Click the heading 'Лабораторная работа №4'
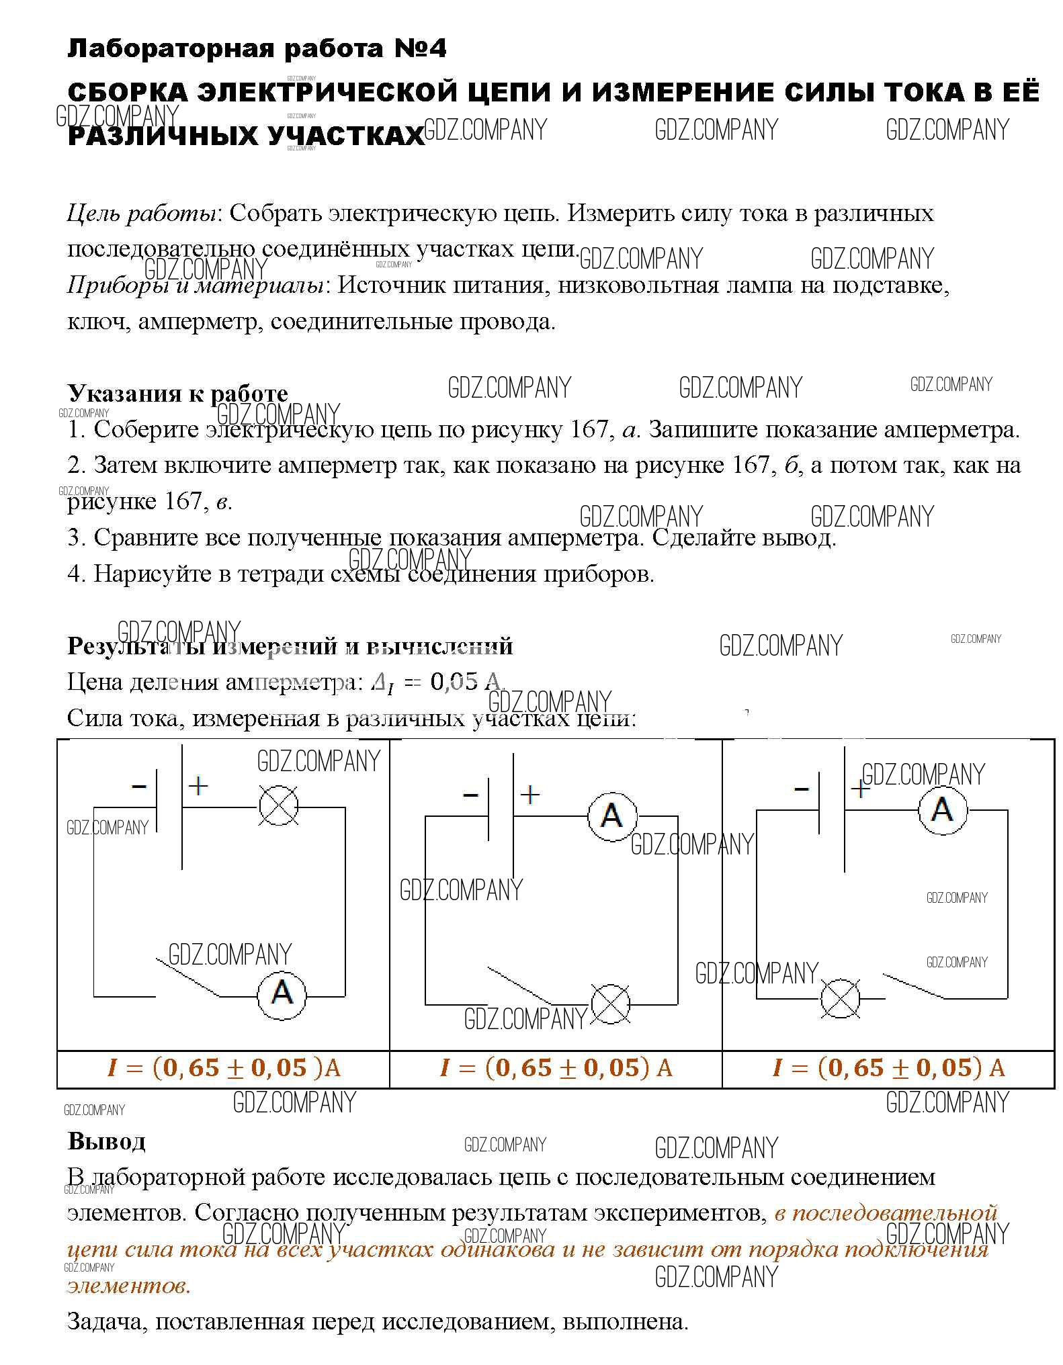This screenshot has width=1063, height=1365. click(x=256, y=49)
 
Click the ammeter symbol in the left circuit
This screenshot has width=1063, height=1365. click(x=282, y=994)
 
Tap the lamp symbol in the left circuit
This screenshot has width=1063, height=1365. click(x=279, y=805)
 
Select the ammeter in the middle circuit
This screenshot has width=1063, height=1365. click(x=611, y=816)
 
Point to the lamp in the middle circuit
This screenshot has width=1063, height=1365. click(x=610, y=1004)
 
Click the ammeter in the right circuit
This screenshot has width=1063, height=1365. click(x=943, y=809)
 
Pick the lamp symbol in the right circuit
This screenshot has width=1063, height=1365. click(x=840, y=998)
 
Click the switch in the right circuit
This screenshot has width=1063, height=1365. click(x=914, y=985)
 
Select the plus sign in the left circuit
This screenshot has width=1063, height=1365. click(x=198, y=786)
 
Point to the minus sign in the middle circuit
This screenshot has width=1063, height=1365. click(x=470, y=796)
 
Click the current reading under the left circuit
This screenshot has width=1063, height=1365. click(x=223, y=1068)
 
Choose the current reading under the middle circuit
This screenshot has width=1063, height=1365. click(x=556, y=1068)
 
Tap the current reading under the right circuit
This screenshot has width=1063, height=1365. click(x=888, y=1068)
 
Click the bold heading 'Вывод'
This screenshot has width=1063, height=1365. click(x=106, y=1141)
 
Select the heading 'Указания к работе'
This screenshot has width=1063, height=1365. click(x=177, y=393)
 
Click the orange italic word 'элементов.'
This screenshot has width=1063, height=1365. click(x=129, y=1286)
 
